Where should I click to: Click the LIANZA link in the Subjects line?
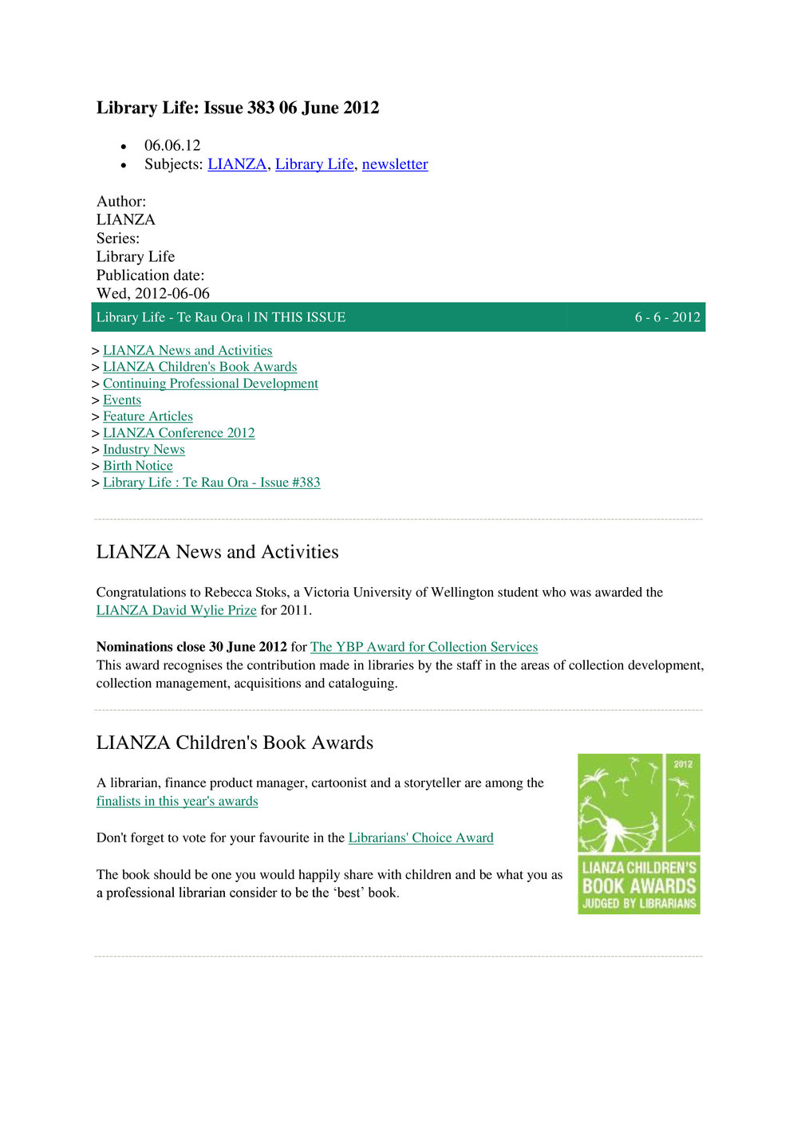237,164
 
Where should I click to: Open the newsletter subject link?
395,164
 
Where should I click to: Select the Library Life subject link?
314,164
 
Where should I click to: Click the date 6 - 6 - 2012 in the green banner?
667,317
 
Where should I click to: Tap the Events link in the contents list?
122,400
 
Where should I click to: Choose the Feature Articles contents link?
148,416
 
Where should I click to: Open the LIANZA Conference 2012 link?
179,433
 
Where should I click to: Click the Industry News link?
144,450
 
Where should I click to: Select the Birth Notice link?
137,466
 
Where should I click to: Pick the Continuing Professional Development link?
210,384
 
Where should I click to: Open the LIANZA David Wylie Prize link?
176,610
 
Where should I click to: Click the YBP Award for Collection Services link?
424,647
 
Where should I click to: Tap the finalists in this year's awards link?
177,802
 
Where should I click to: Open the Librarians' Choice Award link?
420,838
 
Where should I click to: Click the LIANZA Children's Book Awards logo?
638,834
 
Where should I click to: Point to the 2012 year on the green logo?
683,764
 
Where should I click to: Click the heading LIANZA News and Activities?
217,552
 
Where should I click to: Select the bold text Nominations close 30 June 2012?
191,647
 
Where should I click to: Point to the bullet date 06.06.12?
172,146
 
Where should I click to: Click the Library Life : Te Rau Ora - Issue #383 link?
211,483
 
